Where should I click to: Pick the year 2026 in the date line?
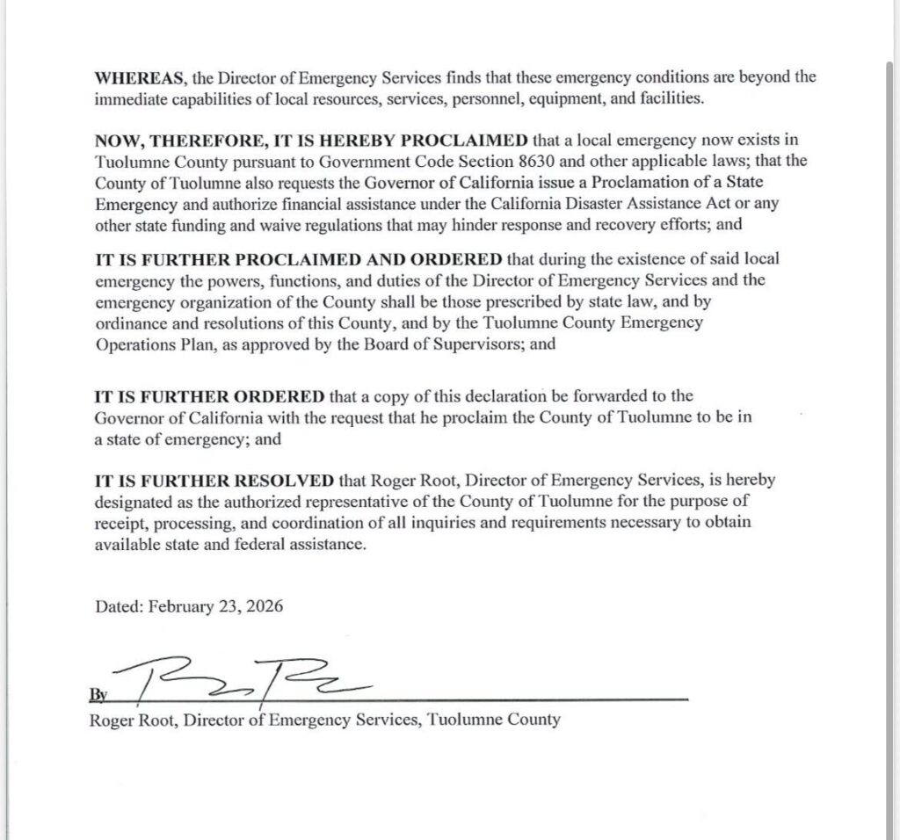coord(265,607)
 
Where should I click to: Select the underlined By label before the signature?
coord(98,694)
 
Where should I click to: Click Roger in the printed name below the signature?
coord(112,720)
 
